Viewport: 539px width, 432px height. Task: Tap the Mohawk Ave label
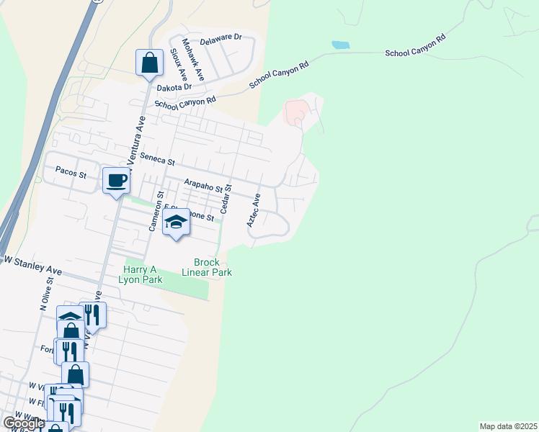194,59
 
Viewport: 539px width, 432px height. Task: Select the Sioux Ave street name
179,65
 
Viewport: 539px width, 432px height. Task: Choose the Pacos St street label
71,174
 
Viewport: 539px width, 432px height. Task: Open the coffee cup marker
116,180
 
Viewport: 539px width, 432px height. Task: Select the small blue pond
340,45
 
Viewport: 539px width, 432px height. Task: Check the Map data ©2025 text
507,426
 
